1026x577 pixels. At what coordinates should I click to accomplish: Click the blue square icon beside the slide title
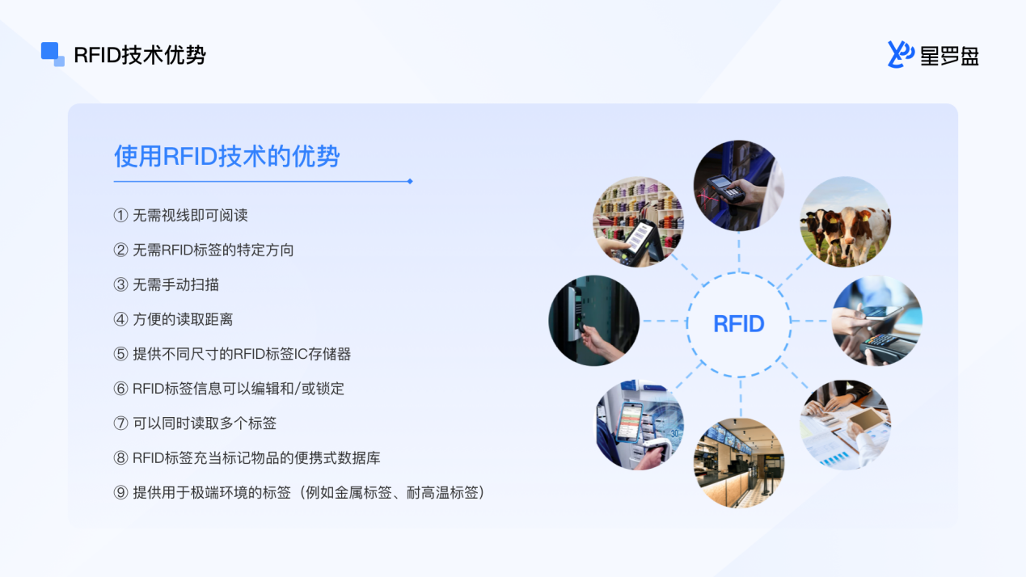tap(53, 54)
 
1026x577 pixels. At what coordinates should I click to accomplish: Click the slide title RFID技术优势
tap(140, 55)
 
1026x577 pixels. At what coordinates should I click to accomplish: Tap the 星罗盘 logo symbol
tap(900, 54)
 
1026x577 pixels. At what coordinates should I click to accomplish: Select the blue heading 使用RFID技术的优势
tap(226, 156)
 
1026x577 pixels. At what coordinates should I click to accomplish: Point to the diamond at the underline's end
tap(410, 181)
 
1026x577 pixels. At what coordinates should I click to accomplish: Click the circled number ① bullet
tap(120, 215)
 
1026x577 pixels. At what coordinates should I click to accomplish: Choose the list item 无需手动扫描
tap(175, 284)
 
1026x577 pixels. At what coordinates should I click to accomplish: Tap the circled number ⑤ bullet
tap(120, 354)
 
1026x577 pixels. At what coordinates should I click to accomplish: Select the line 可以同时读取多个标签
tap(205, 423)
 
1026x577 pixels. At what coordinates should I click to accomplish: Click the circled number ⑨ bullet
tap(120, 493)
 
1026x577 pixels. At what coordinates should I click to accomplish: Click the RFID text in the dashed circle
tap(739, 324)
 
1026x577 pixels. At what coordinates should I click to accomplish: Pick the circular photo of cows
tap(845, 222)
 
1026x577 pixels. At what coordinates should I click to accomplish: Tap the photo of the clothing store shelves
tap(639, 222)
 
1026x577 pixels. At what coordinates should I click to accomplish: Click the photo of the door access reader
tap(594, 321)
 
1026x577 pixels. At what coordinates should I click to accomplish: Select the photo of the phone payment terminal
tap(877, 321)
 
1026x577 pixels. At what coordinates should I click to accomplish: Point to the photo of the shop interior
tap(739, 462)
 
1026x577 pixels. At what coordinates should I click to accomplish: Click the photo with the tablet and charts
tap(845, 425)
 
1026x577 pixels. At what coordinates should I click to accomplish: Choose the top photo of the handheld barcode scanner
tap(739, 186)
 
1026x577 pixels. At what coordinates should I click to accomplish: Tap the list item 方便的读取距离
tap(183, 320)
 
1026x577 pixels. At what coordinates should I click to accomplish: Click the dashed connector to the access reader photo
tap(663, 321)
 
